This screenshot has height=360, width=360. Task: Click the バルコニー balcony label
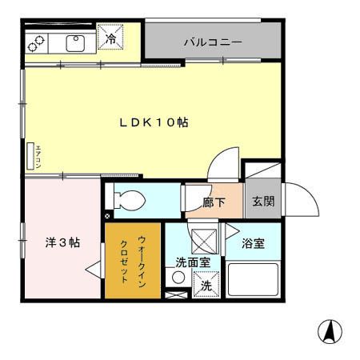(212, 41)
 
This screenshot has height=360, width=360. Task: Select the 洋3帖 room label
(62, 242)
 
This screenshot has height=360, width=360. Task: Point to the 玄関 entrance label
(262, 202)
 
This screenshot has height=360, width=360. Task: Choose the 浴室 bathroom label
(254, 243)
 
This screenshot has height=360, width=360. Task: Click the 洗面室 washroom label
(194, 262)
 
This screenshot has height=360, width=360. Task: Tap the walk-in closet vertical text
(133, 260)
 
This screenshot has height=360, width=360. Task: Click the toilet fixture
(128, 200)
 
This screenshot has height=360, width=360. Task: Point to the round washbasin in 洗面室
(178, 279)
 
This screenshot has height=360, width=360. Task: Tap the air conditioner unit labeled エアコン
(32, 156)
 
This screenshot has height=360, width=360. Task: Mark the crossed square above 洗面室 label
(203, 239)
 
